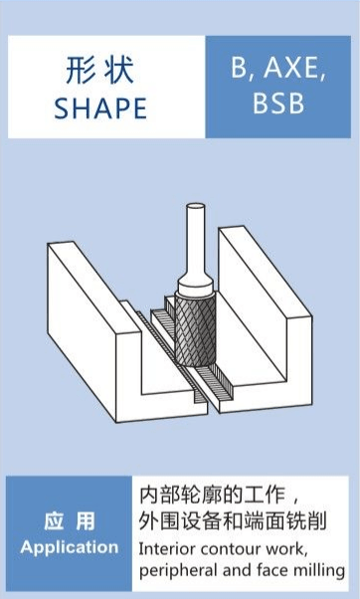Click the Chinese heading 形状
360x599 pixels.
[x=99, y=70]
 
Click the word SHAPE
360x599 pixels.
[x=100, y=108]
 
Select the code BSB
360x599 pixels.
[x=278, y=102]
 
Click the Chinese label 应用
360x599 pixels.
[x=69, y=521]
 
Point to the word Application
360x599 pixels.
[x=70, y=547]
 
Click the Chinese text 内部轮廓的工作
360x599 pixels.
[x=212, y=496]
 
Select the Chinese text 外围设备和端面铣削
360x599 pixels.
[x=232, y=521]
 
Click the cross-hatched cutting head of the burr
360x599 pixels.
[x=195, y=329]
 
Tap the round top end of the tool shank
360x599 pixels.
[x=195, y=207]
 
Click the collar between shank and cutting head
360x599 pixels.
[x=195, y=288]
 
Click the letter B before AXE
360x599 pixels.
[x=239, y=68]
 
